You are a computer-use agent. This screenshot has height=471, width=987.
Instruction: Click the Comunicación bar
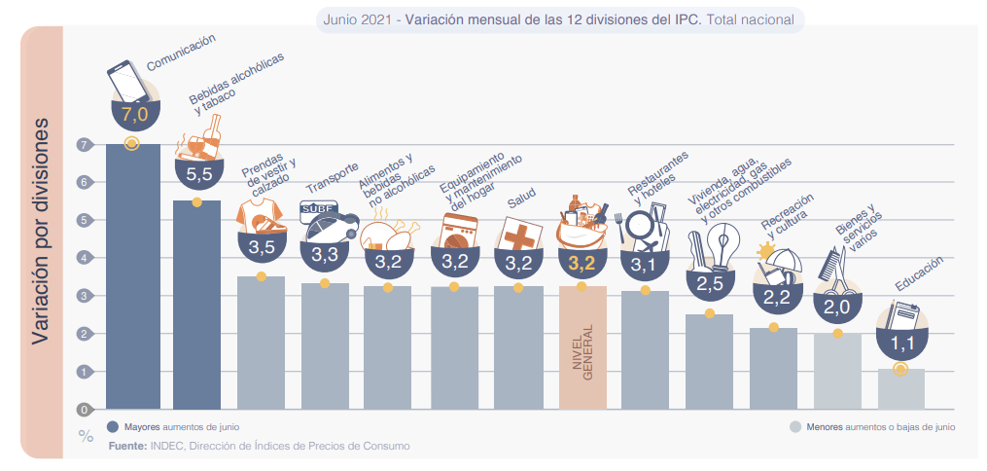(132, 277)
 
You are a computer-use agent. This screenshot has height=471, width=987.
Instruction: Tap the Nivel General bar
(582, 346)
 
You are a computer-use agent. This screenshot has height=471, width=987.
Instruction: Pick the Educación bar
(900, 388)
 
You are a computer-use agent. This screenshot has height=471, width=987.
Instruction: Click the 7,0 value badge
(132, 114)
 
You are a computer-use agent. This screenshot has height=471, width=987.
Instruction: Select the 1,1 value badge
(900, 343)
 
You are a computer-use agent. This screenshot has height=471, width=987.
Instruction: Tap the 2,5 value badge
(710, 283)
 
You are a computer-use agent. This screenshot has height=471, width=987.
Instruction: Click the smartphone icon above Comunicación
(128, 82)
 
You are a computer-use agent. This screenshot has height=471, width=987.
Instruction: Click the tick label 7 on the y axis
(85, 145)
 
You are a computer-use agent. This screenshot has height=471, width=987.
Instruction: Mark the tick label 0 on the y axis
(85, 410)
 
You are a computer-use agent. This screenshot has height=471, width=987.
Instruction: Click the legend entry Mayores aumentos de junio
(175, 426)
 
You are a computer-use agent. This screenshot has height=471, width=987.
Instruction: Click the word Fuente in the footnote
(127, 446)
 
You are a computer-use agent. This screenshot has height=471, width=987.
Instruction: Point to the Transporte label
(333, 178)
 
